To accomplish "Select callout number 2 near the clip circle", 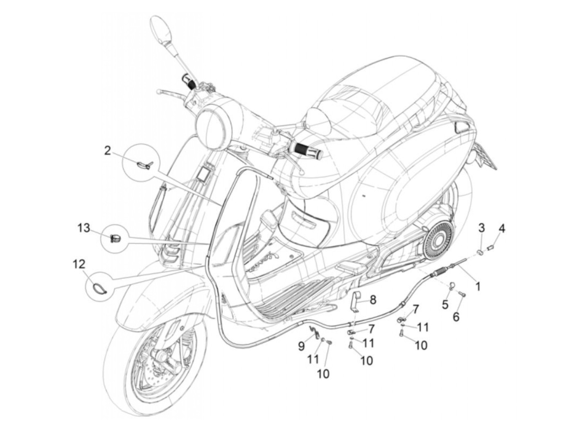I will pyautogui.click(x=107, y=151).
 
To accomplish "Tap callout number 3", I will pyautogui.click(x=481, y=227).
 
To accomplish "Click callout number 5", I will pyautogui.click(x=445, y=304).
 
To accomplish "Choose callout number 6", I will pyautogui.click(x=456, y=316).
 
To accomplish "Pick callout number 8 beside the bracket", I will pyautogui.click(x=373, y=300).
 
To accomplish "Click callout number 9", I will pyautogui.click(x=302, y=347).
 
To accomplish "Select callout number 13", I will pyautogui.click(x=83, y=228).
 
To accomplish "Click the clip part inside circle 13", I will pyautogui.click(x=115, y=237).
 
